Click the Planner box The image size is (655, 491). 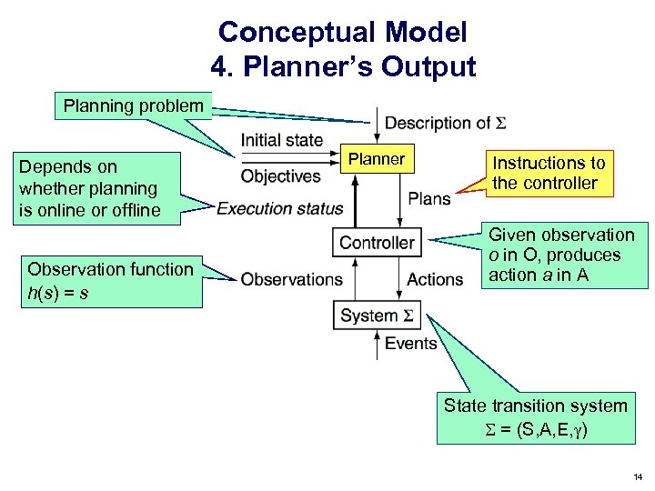point(377,159)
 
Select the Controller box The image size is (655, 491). point(377,243)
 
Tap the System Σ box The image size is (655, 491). point(377,316)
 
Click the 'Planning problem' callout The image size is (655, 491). point(133,106)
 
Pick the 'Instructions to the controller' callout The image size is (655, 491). point(549,173)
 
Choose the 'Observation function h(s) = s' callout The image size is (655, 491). point(110,281)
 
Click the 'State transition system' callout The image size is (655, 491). point(535,418)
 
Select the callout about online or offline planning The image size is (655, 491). point(89,189)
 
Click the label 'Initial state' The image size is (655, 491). point(282,140)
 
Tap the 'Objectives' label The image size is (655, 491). point(281,175)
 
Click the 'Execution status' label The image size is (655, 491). point(280,208)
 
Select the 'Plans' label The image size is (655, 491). point(429,198)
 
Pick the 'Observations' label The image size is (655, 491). point(292,279)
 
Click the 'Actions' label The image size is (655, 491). point(435,279)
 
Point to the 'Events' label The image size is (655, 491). point(411,343)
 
